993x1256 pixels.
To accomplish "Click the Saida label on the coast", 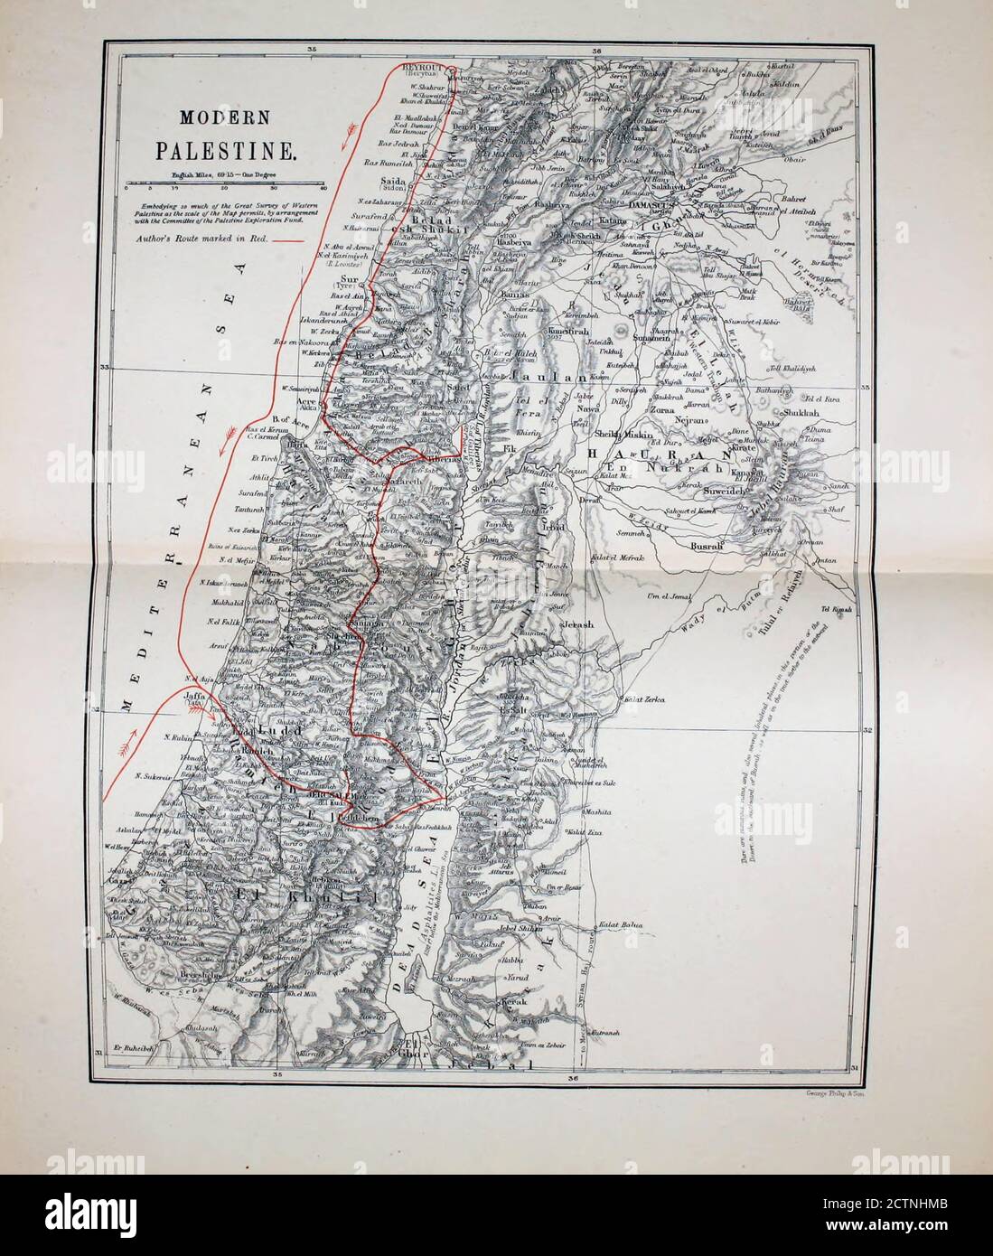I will [391, 182].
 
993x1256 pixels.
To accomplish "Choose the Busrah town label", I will [703, 547].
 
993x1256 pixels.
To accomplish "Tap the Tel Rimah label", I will [840, 584].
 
